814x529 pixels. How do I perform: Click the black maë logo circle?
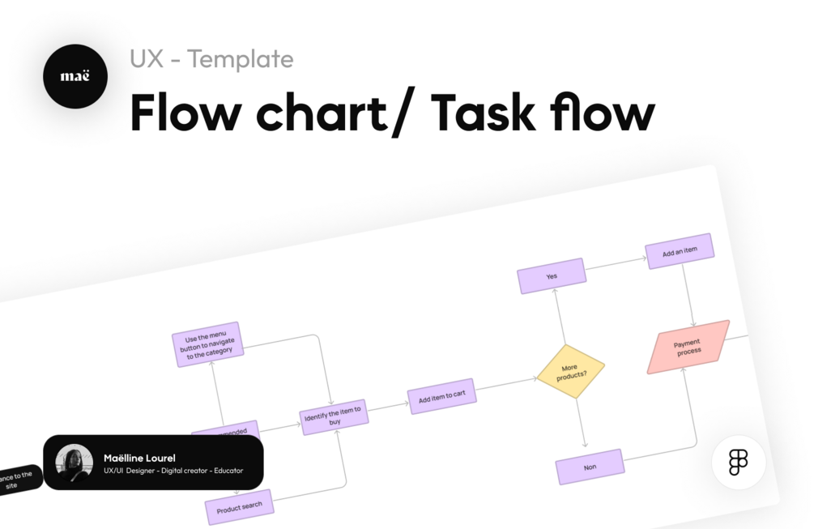pyautogui.click(x=75, y=77)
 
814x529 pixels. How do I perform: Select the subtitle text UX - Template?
pyautogui.click(x=211, y=59)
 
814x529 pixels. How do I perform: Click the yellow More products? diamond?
pyautogui.click(x=571, y=372)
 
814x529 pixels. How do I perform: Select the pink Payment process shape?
pyautogui.click(x=688, y=347)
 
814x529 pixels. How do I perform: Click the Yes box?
pyautogui.click(x=552, y=276)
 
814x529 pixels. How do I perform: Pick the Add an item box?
pyautogui.click(x=680, y=252)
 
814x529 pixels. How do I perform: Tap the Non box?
pyautogui.click(x=590, y=467)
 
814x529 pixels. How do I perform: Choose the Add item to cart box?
pyautogui.click(x=442, y=396)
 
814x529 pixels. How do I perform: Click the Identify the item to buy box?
pyautogui.click(x=335, y=417)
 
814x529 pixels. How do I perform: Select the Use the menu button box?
pyautogui.click(x=208, y=344)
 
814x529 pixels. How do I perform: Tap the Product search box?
pyautogui.click(x=240, y=507)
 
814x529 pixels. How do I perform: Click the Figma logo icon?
pyautogui.click(x=738, y=462)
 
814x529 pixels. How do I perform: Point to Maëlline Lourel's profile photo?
pyautogui.click(x=75, y=463)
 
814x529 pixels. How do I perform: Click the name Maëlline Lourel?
pyautogui.click(x=139, y=458)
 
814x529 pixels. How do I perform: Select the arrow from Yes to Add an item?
pyautogui.click(x=616, y=263)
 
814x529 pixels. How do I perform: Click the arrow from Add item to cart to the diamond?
pyautogui.click(x=506, y=384)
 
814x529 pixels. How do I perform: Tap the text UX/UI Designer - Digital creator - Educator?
pyautogui.click(x=173, y=471)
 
